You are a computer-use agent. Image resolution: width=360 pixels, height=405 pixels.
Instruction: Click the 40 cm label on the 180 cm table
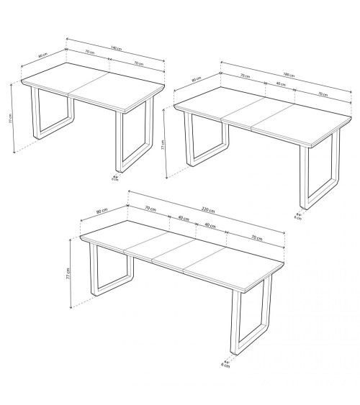pos(279,85)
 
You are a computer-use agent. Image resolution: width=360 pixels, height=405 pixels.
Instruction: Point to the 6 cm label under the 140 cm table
pos(114,180)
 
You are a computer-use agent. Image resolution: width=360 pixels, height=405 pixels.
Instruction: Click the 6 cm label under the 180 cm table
pos(298,217)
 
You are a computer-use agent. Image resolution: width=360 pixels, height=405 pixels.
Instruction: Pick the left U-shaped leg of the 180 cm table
pos(205,144)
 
